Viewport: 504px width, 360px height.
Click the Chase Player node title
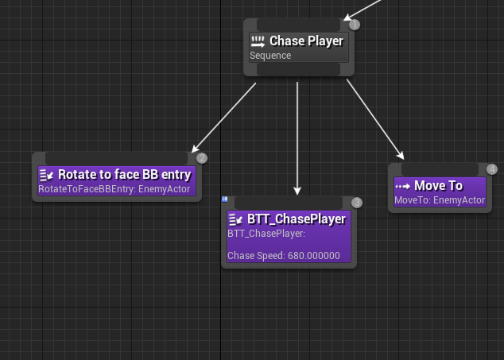(307, 41)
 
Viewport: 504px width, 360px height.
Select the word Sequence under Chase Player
(270, 56)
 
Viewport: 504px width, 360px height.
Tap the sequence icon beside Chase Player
(258, 41)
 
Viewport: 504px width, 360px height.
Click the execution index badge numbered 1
(355, 25)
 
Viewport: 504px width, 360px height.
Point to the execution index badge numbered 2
(202, 158)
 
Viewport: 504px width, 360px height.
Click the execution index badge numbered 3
(357, 203)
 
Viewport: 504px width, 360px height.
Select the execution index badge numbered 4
(491, 169)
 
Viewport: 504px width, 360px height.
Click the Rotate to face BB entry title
(125, 174)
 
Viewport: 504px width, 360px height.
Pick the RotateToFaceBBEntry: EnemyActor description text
(114, 190)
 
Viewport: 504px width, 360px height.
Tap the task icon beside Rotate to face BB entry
(46, 174)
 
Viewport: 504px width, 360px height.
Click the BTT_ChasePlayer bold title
(297, 219)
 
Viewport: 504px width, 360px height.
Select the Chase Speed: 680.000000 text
(284, 256)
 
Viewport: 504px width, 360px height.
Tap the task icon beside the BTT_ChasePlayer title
(235, 219)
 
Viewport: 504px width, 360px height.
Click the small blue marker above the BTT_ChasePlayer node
(226, 199)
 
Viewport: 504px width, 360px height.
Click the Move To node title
(438, 185)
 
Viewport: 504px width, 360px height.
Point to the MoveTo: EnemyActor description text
(440, 200)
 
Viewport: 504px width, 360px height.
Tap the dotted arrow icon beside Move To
(403, 185)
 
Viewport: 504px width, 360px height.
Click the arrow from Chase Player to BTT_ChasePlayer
(297, 135)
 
